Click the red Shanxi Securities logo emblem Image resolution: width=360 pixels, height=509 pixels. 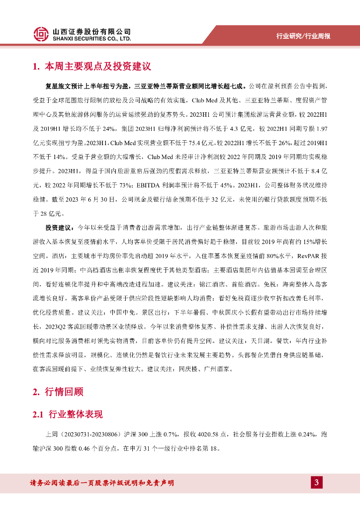click(41, 34)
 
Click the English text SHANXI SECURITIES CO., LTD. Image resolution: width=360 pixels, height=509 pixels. click(91, 38)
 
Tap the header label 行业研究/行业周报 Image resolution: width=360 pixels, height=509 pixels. click(303, 36)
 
